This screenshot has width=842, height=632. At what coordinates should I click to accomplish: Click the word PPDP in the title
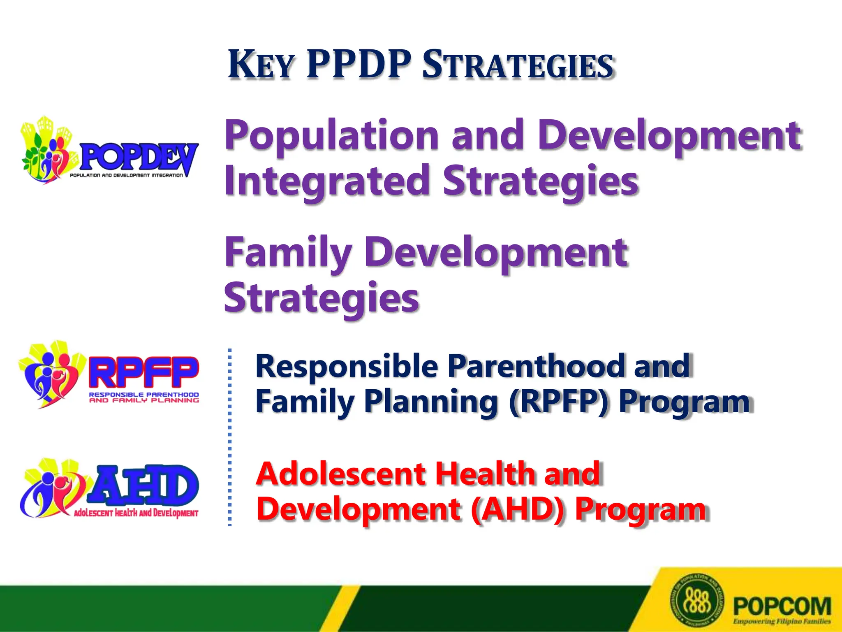point(359,65)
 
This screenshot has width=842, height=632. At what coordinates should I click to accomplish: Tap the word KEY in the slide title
point(261,65)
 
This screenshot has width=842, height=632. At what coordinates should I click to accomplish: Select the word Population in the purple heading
point(331,136)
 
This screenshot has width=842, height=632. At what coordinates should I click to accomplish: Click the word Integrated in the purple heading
point(327,181)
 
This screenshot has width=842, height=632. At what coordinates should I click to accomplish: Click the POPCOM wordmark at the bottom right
point(782,606)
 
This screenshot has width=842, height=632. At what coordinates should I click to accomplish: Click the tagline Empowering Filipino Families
point(782,621)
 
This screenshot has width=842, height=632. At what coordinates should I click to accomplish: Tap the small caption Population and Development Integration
point(126,175)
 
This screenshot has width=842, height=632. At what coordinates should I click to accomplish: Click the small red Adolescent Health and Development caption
point(136,513)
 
